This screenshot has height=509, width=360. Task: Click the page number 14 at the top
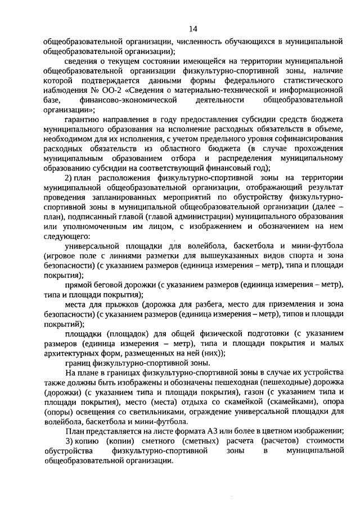click(x=193, y=29)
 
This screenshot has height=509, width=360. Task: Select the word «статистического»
click(x=309, y=80)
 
